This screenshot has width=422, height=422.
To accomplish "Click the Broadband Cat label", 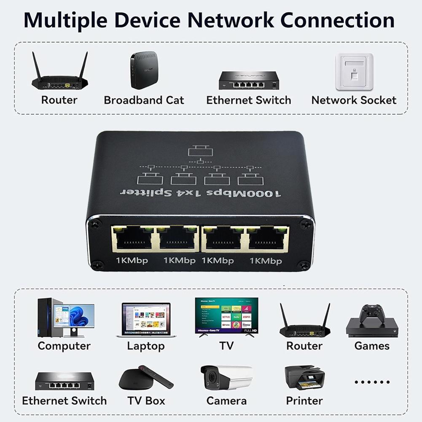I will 144,100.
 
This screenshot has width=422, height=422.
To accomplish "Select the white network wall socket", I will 354,71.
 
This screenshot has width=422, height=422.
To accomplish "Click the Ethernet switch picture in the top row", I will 249,80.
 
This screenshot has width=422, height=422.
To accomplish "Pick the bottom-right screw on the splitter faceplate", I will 303,265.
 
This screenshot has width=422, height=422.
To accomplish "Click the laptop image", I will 146,320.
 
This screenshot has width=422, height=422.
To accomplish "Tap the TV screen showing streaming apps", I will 226,315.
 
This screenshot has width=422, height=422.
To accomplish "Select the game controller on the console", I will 371,313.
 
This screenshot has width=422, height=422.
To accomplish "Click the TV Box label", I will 146,400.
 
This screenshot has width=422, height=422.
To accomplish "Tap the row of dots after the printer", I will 372,382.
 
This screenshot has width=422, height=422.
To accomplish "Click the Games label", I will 372,346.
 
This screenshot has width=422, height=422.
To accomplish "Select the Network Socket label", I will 354,100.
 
